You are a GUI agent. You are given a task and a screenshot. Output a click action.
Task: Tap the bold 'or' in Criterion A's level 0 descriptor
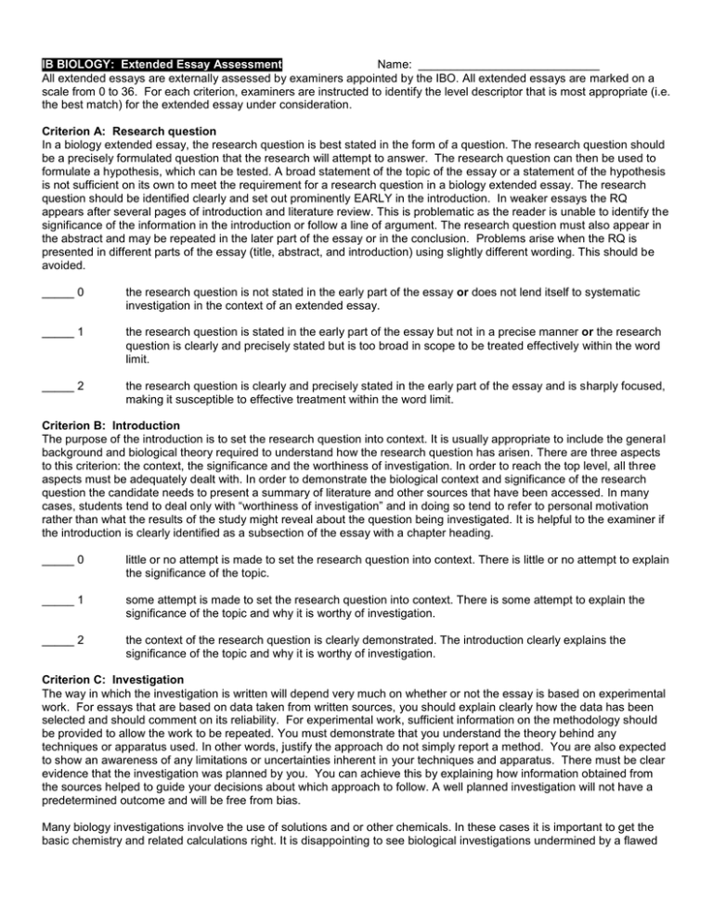461,295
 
